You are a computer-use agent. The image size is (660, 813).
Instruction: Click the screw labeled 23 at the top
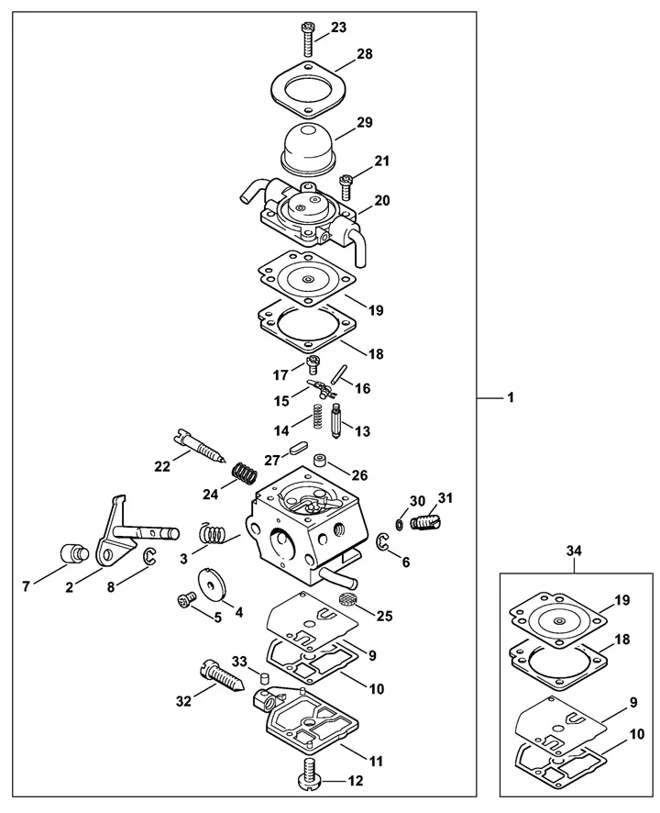[x=308, y=39]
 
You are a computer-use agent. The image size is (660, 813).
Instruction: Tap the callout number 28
[x=365, y=54]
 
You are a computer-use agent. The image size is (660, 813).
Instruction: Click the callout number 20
[x=382, y=200]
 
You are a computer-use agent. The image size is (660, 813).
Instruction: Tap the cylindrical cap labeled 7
[x=73, y=552]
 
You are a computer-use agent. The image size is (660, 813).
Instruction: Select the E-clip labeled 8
[x=149, y=557]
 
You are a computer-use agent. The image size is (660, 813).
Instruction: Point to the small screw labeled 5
[x=185, y=599]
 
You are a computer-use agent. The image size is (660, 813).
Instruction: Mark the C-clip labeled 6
[x=382, y=542]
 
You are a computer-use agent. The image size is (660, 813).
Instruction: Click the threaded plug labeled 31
[x=423, y=520]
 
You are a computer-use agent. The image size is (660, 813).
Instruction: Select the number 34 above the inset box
[x=574, y=551]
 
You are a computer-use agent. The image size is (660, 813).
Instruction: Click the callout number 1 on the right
[x=511, y=398]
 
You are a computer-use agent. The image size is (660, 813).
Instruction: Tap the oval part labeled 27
[x=300, y=447]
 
